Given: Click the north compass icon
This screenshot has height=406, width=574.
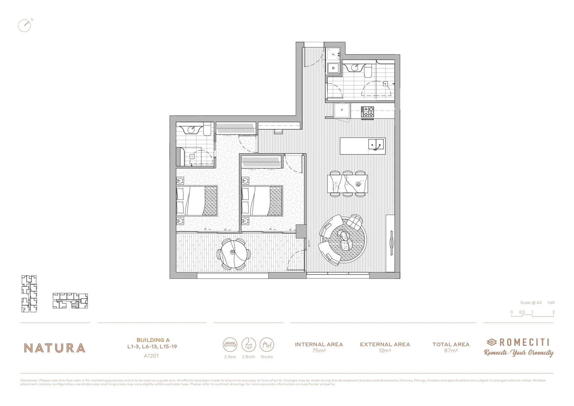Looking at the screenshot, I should (24, 25).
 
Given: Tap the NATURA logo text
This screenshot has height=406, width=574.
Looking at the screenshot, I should (55, 348).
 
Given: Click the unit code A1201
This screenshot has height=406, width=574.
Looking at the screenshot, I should (151, 356).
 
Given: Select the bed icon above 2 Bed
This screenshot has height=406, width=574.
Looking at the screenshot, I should (230, 344).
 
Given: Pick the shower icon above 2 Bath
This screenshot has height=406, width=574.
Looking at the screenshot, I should (249, 344).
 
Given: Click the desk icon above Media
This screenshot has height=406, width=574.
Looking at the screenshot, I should (267, 344).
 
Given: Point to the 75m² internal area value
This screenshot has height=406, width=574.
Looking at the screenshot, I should (319, 351).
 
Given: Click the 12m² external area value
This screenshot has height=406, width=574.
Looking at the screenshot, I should (385, 351).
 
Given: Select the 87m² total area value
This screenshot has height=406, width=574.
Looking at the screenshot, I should (451, 351).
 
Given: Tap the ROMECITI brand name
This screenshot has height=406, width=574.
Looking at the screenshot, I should (524, 342).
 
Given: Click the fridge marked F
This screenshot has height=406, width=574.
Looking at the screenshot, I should (342, 111).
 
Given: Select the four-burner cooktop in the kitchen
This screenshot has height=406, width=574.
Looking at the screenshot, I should (367, 112).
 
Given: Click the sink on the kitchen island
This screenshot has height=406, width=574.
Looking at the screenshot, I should (376, 144).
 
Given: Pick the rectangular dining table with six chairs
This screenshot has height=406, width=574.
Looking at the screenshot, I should (348, 184).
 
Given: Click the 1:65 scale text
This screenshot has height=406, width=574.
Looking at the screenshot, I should (551, 303).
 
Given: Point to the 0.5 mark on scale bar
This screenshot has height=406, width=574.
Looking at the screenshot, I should (522, 312).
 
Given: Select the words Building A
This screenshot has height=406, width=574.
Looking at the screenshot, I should (153, 340).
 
